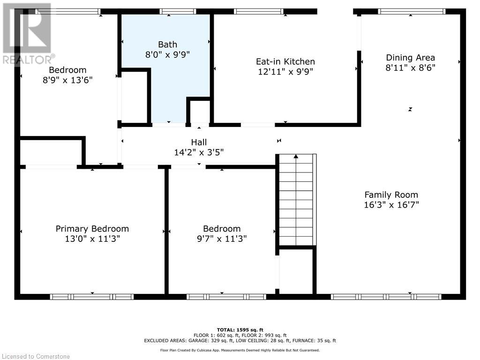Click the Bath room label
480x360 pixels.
click(x=167, y=45)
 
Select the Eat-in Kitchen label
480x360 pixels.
click(x=285, y=61)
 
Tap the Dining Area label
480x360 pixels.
click(x=410, y=58)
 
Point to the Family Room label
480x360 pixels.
click(x=391, y=195)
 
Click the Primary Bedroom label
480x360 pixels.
click(x=92, y=229)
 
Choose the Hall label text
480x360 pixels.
click(x=199, y=142)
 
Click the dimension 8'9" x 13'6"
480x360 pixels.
click(x=67, y=80)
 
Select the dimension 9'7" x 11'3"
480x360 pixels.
click(x=222, y=239)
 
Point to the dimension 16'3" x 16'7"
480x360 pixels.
click(x=391, y=204)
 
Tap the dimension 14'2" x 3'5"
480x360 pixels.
click(x=199, y=152)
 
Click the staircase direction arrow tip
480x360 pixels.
click(x=296, y=155)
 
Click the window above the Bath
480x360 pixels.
click(x=178, y=12)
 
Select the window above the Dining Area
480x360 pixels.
click(x=412, y=12)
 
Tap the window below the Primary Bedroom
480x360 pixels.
click(x=92, y=297)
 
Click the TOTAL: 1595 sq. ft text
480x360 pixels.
click(x=240, y=330)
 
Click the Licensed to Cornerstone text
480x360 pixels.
click(x=36, y=356)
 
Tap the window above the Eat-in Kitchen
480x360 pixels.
click(x=259, y=12)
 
